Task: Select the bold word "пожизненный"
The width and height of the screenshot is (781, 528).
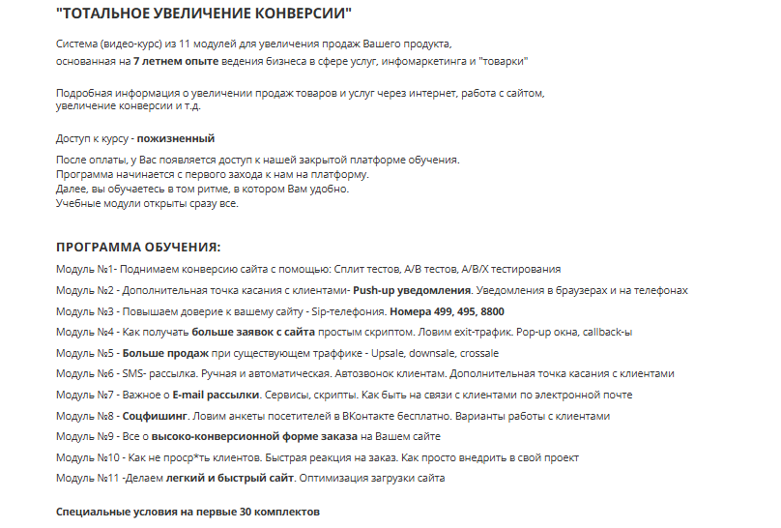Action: [x=176, y=138]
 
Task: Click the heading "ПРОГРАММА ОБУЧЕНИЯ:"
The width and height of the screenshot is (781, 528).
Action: [x=138, y=247]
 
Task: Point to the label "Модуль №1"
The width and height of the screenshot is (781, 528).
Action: [x=86, y=269]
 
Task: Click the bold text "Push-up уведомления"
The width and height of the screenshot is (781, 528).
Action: [x=413, y=290]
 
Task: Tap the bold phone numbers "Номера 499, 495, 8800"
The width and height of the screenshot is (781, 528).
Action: [x=447, y=311]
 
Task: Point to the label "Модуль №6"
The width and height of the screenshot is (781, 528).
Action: [x=86, y=373]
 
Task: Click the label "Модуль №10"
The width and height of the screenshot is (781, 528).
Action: [x=89, y=457]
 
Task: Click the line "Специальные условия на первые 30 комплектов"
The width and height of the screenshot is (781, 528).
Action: [x=188, y=510]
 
